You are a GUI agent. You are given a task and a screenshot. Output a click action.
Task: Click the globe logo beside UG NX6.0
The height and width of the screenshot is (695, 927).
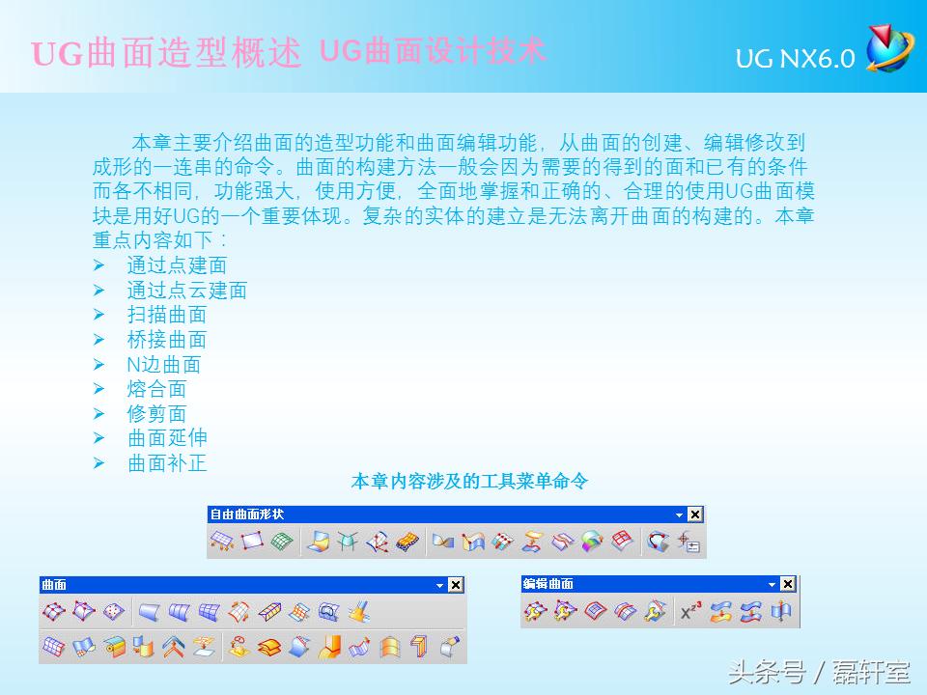pos(887,48)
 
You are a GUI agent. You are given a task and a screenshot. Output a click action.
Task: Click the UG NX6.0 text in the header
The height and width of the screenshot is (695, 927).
pos(795,59)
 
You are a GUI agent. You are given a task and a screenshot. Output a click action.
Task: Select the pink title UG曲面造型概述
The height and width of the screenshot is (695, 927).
pos(167,53)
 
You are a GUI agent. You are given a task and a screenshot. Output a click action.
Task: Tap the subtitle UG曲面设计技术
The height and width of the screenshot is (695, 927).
pos(432,50)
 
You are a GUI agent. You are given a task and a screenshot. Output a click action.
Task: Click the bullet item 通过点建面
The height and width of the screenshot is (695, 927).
pos(177,264)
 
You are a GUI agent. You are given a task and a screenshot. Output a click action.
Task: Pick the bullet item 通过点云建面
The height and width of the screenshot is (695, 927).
pos(187,290)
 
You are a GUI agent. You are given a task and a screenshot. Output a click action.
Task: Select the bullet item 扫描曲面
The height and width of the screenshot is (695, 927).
pos(167,315)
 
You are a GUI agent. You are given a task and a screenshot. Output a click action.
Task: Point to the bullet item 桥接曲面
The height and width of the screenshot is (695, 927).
pos(167,340)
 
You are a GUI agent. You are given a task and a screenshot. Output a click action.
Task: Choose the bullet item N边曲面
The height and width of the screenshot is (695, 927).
pos(164,364)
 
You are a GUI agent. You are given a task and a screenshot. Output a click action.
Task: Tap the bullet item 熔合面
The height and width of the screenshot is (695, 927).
pos(156,389)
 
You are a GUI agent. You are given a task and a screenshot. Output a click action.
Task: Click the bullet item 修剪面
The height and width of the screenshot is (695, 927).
pos(156,414)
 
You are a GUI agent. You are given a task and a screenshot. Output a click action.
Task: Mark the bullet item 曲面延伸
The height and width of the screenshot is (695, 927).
pos(167,438)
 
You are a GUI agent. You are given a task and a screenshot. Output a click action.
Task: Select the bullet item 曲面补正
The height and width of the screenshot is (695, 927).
pos(167,463)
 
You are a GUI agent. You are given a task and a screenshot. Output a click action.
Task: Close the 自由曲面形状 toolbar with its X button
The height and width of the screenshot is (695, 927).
pos(695,514)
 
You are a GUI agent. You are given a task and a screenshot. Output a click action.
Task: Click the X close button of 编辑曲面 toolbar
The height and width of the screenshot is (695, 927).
pos(788,584)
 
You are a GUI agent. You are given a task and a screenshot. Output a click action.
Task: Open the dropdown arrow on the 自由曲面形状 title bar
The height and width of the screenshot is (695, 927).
pos(679,514)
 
